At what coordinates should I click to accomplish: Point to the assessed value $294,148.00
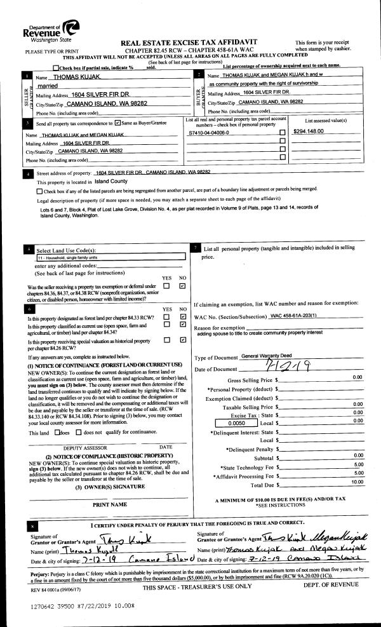[309, 131]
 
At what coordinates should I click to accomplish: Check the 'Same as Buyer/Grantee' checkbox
[118, 122]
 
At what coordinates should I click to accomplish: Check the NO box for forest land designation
[182, 316]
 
